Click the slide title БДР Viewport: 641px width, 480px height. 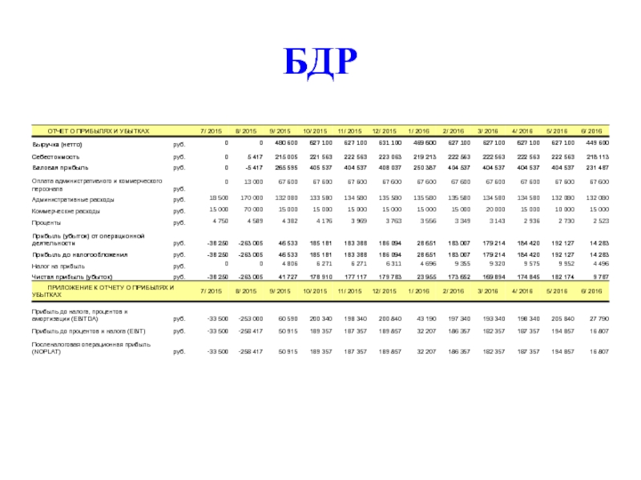[x=320, y=62]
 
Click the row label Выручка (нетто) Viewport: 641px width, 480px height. [x=57, y=144]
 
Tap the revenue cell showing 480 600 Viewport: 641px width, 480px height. [x=286, y=142]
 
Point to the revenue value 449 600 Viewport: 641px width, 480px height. [x=597, y=142]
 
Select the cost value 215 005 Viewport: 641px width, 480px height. [x=286, y=157]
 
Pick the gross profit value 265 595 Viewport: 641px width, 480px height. [x=286, y=168]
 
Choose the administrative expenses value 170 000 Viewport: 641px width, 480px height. [x=251, y=198]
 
